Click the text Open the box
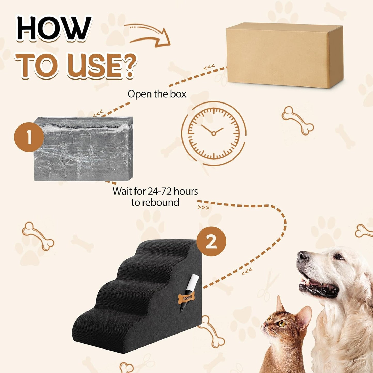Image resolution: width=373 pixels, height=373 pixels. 157,94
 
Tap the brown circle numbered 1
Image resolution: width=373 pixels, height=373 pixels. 29,137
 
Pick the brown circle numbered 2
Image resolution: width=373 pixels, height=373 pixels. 211,241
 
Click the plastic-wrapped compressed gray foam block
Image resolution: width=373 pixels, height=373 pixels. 84,149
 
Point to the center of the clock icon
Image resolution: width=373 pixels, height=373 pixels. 213,133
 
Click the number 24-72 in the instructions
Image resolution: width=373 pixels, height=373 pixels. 160,191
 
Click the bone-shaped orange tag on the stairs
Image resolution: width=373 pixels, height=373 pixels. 186,298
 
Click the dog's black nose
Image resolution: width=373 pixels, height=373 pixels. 302,256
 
